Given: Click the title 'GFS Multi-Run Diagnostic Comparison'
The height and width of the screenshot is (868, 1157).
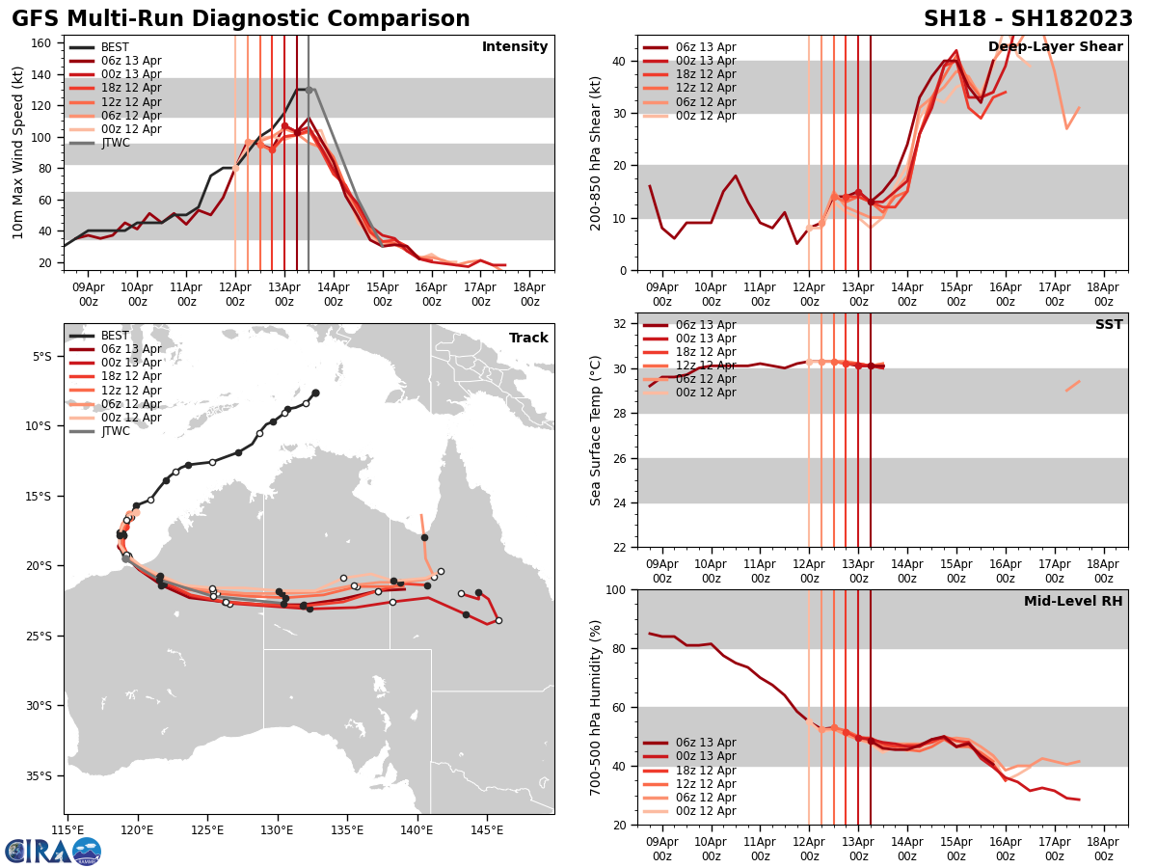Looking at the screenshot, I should (x=241, y=19).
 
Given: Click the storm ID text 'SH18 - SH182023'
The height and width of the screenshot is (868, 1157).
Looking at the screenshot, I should (x=1028, y=19).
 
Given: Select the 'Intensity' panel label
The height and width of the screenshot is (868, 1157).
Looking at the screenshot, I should (x=515, y=47).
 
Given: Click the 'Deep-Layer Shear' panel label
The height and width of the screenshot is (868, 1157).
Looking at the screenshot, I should (x=1055, y=47).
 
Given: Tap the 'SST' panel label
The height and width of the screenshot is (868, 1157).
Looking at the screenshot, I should (x=1109, y=325).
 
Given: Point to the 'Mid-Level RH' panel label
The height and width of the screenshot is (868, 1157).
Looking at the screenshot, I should (x=1073, y=602).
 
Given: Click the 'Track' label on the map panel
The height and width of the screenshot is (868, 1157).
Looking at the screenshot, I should (x=528, y=339).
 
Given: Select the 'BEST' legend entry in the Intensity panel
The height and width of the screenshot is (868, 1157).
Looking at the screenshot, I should (x=115, y=47).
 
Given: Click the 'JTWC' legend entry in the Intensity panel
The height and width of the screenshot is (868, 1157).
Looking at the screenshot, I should (x=115, y=143).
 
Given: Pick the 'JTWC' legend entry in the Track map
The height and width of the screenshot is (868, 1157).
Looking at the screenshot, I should (x=115, y=431).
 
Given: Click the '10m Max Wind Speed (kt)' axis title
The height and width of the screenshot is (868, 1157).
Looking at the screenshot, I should (x=18, y=152).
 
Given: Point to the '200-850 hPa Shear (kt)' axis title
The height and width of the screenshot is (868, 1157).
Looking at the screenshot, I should (x=597, y=152).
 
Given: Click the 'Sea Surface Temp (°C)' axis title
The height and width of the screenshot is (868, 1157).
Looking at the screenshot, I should (x=597, y=430).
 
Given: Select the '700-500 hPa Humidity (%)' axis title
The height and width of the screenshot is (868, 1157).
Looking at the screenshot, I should (x=597, y=707).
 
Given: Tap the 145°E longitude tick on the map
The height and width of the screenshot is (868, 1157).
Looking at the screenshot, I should (x=487, y=829).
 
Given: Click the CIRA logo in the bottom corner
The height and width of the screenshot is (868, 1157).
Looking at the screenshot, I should (x=52, y=851).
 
